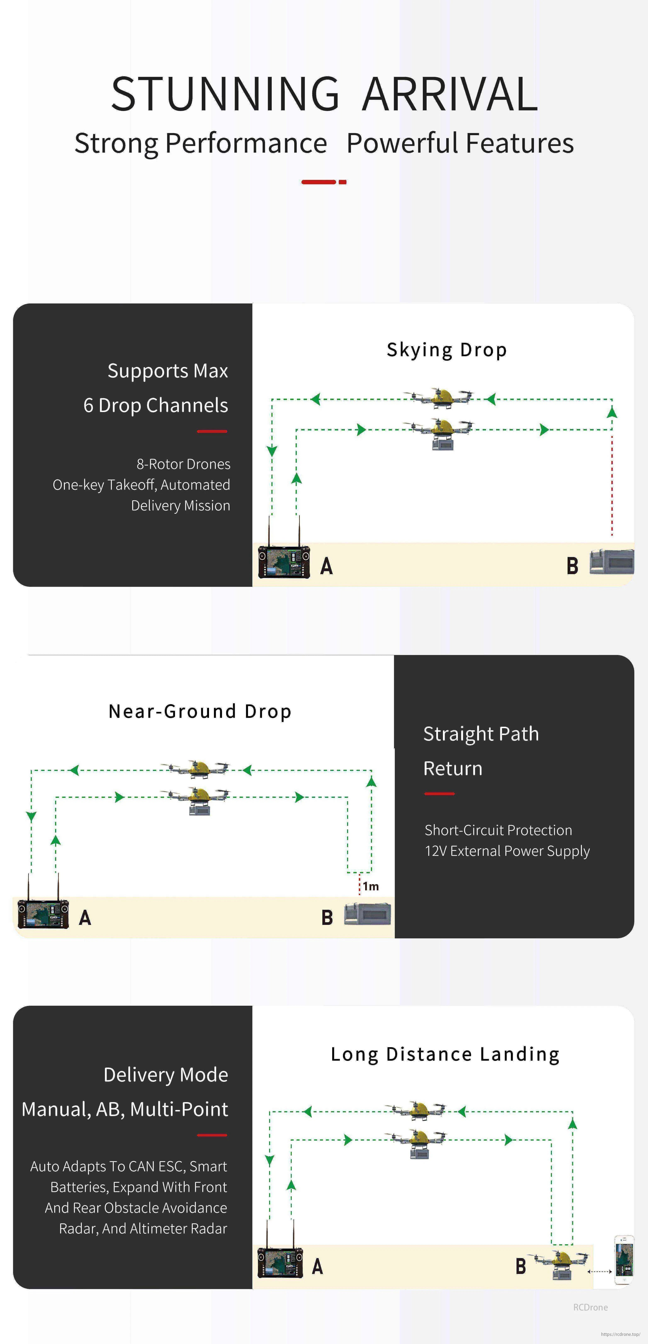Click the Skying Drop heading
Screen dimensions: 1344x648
pos(447,350)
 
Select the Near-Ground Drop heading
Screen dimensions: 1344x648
pos(200,712)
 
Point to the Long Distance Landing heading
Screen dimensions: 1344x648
pos(445,1054)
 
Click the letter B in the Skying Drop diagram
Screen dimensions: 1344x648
pos(572,566)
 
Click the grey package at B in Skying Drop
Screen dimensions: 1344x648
pos(612,562)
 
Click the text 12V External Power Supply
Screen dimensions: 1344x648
pos(507,851)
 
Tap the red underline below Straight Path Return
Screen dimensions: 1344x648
pos(439,793)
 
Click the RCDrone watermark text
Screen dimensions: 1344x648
pos(590,1307)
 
